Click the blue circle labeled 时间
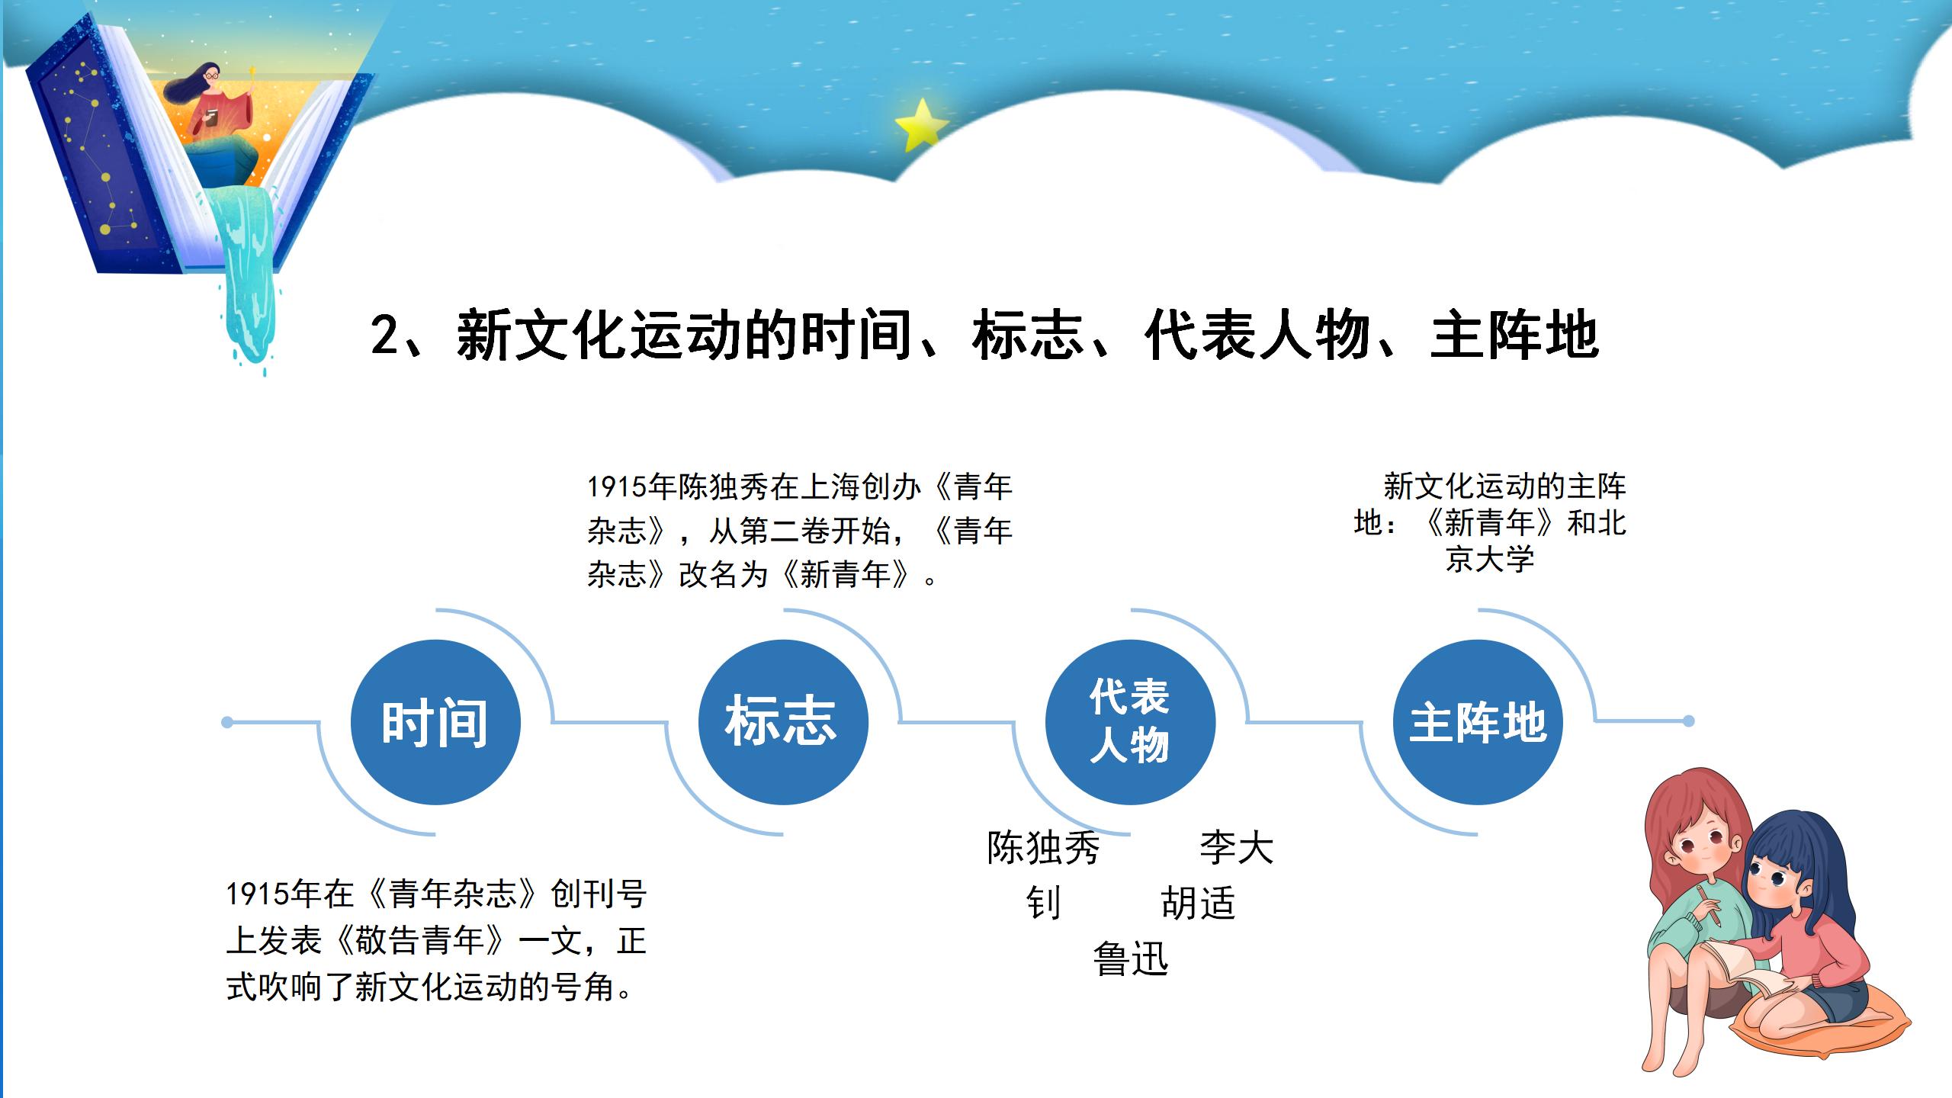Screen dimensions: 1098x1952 [x=435, y=722]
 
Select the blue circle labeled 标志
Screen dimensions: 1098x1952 [x=783, y=722]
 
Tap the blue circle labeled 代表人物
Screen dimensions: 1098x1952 [x=1130, y=722]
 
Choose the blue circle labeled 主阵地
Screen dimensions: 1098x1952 [x=1478, y=722]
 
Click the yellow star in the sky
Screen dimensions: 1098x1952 [x=920, y=125]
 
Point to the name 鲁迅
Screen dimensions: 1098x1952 [x=1130, y=959]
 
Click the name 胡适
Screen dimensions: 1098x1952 [x=1198, y=904]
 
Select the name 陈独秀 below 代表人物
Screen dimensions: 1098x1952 [x=1043, y=848]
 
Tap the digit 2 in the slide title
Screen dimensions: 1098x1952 [x=385, y=335]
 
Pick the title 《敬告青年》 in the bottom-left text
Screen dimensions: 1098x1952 [x=421, y=940]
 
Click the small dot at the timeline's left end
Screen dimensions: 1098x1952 [x=227, y=722]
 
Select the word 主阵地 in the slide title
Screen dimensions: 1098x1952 [x=1514, y=335]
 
